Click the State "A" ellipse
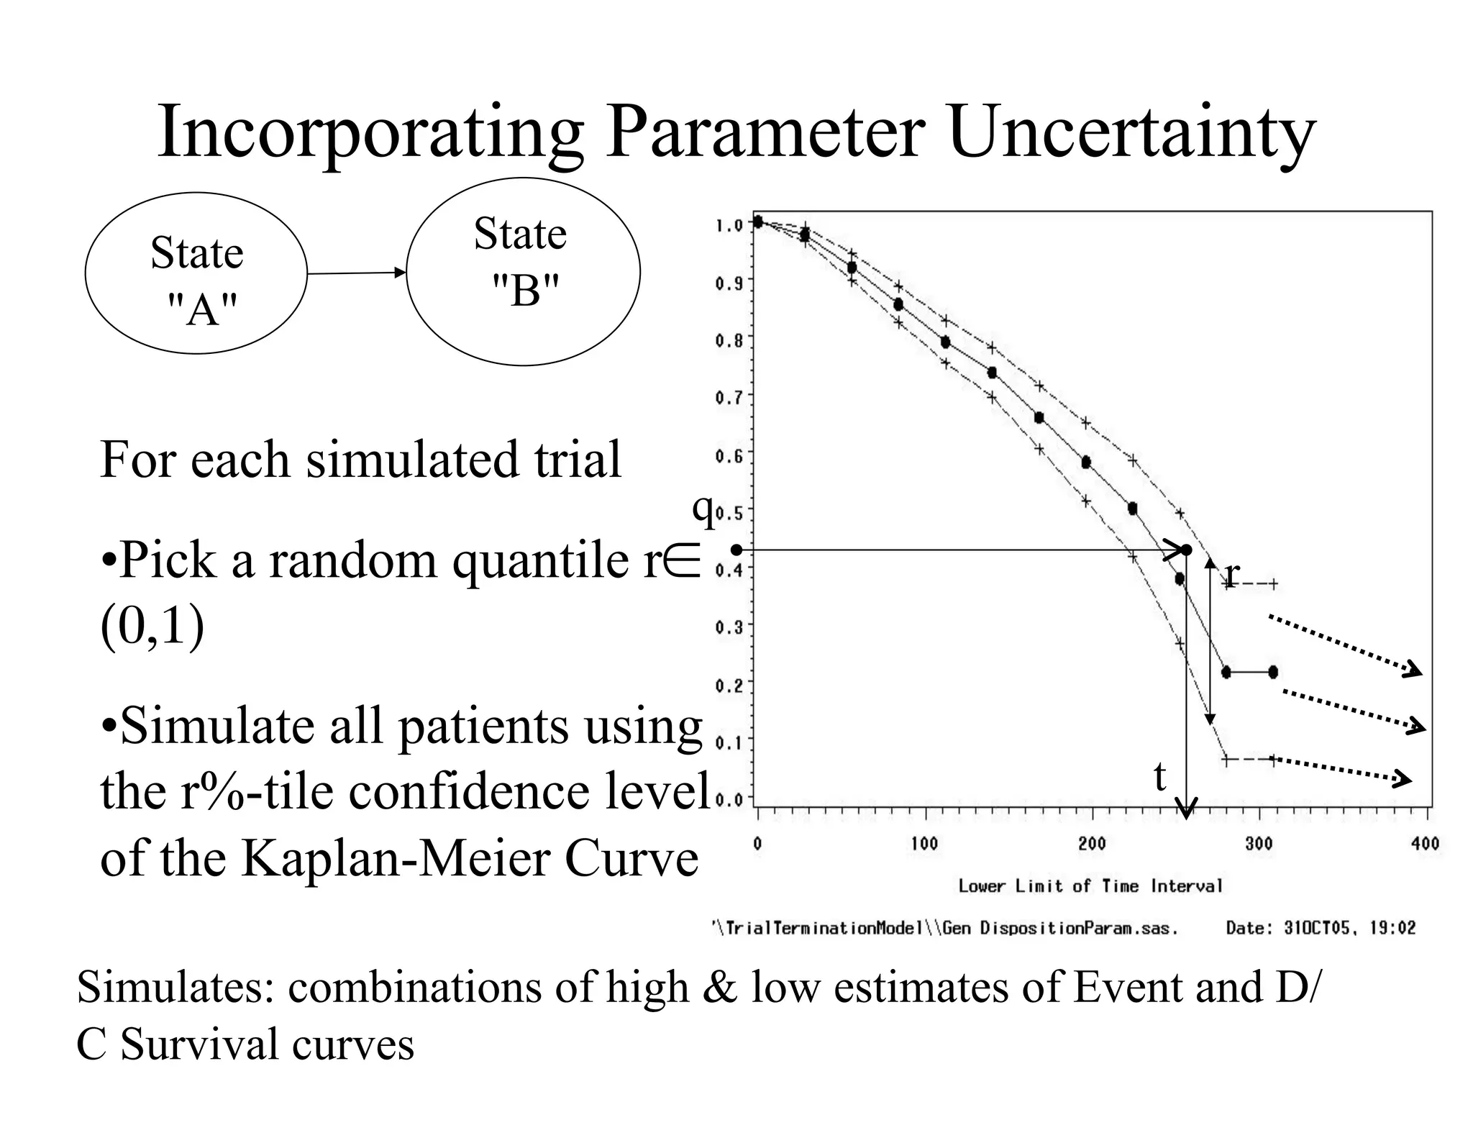[x=196, y=273]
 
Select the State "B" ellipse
[x=523, y=272]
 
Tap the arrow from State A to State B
[x=356, y=273]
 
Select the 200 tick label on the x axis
[x=1092, y=844]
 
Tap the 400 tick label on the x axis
[x=1425, y=844]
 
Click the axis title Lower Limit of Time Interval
[x=1090, y=886]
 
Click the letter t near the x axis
[x=1159, y=778]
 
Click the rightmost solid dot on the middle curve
[x=1272, y=673]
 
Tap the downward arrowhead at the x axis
[x=1186, y=810]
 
